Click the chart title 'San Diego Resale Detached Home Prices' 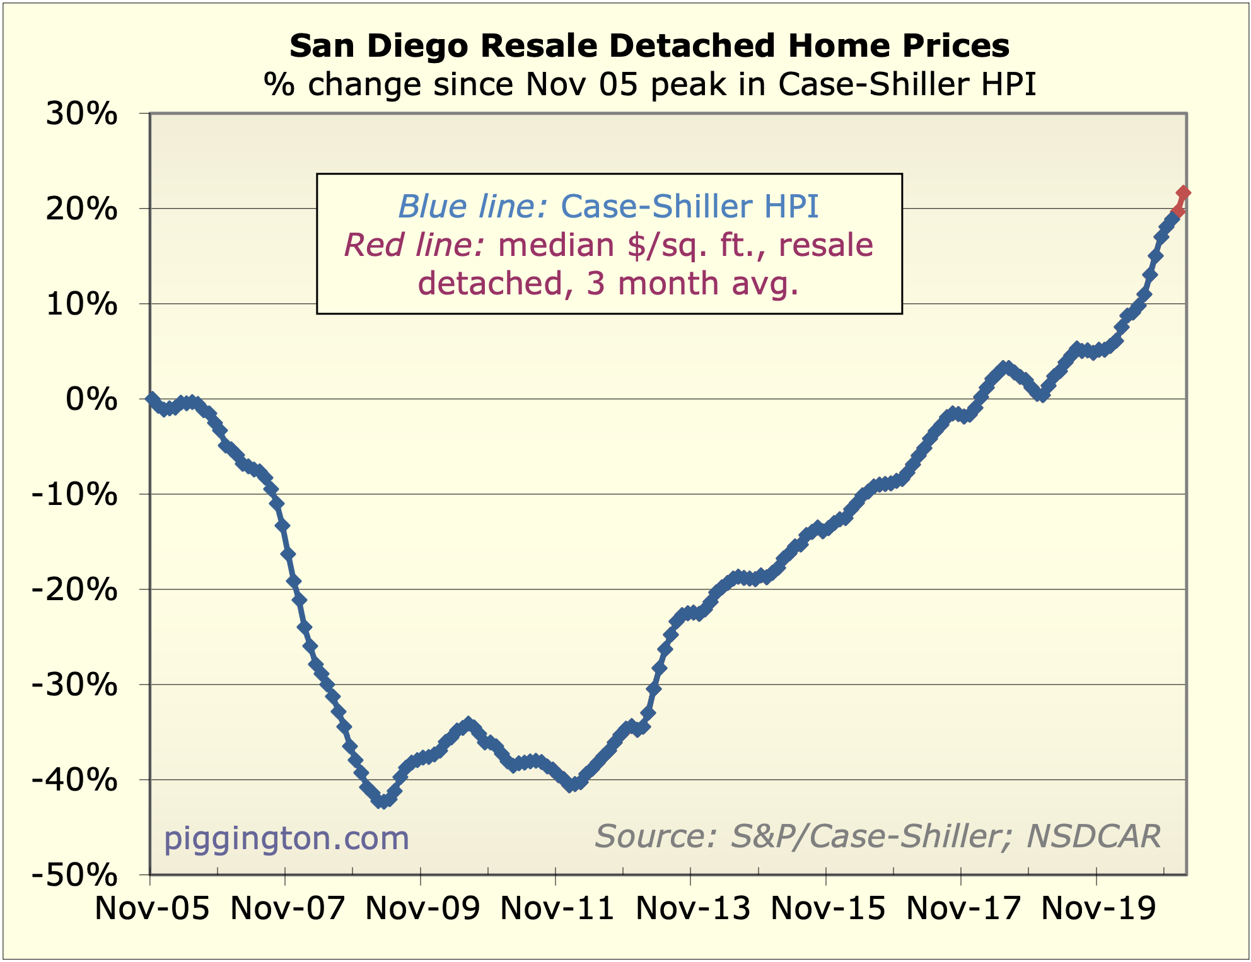click(649, 46)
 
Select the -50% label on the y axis click(75, 875)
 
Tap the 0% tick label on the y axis click(91, 400)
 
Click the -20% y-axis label click(75, 590)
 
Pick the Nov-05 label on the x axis click(152, 908)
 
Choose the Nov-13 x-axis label click(693, 908)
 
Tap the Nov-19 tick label click(1098, 908)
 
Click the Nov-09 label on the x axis click(422, 908)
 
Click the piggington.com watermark click(286, 838)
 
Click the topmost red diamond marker click(1184, 192)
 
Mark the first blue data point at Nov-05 click(151, 398)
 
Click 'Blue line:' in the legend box click(473, 206)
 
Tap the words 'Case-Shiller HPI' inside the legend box click(690, 206)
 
